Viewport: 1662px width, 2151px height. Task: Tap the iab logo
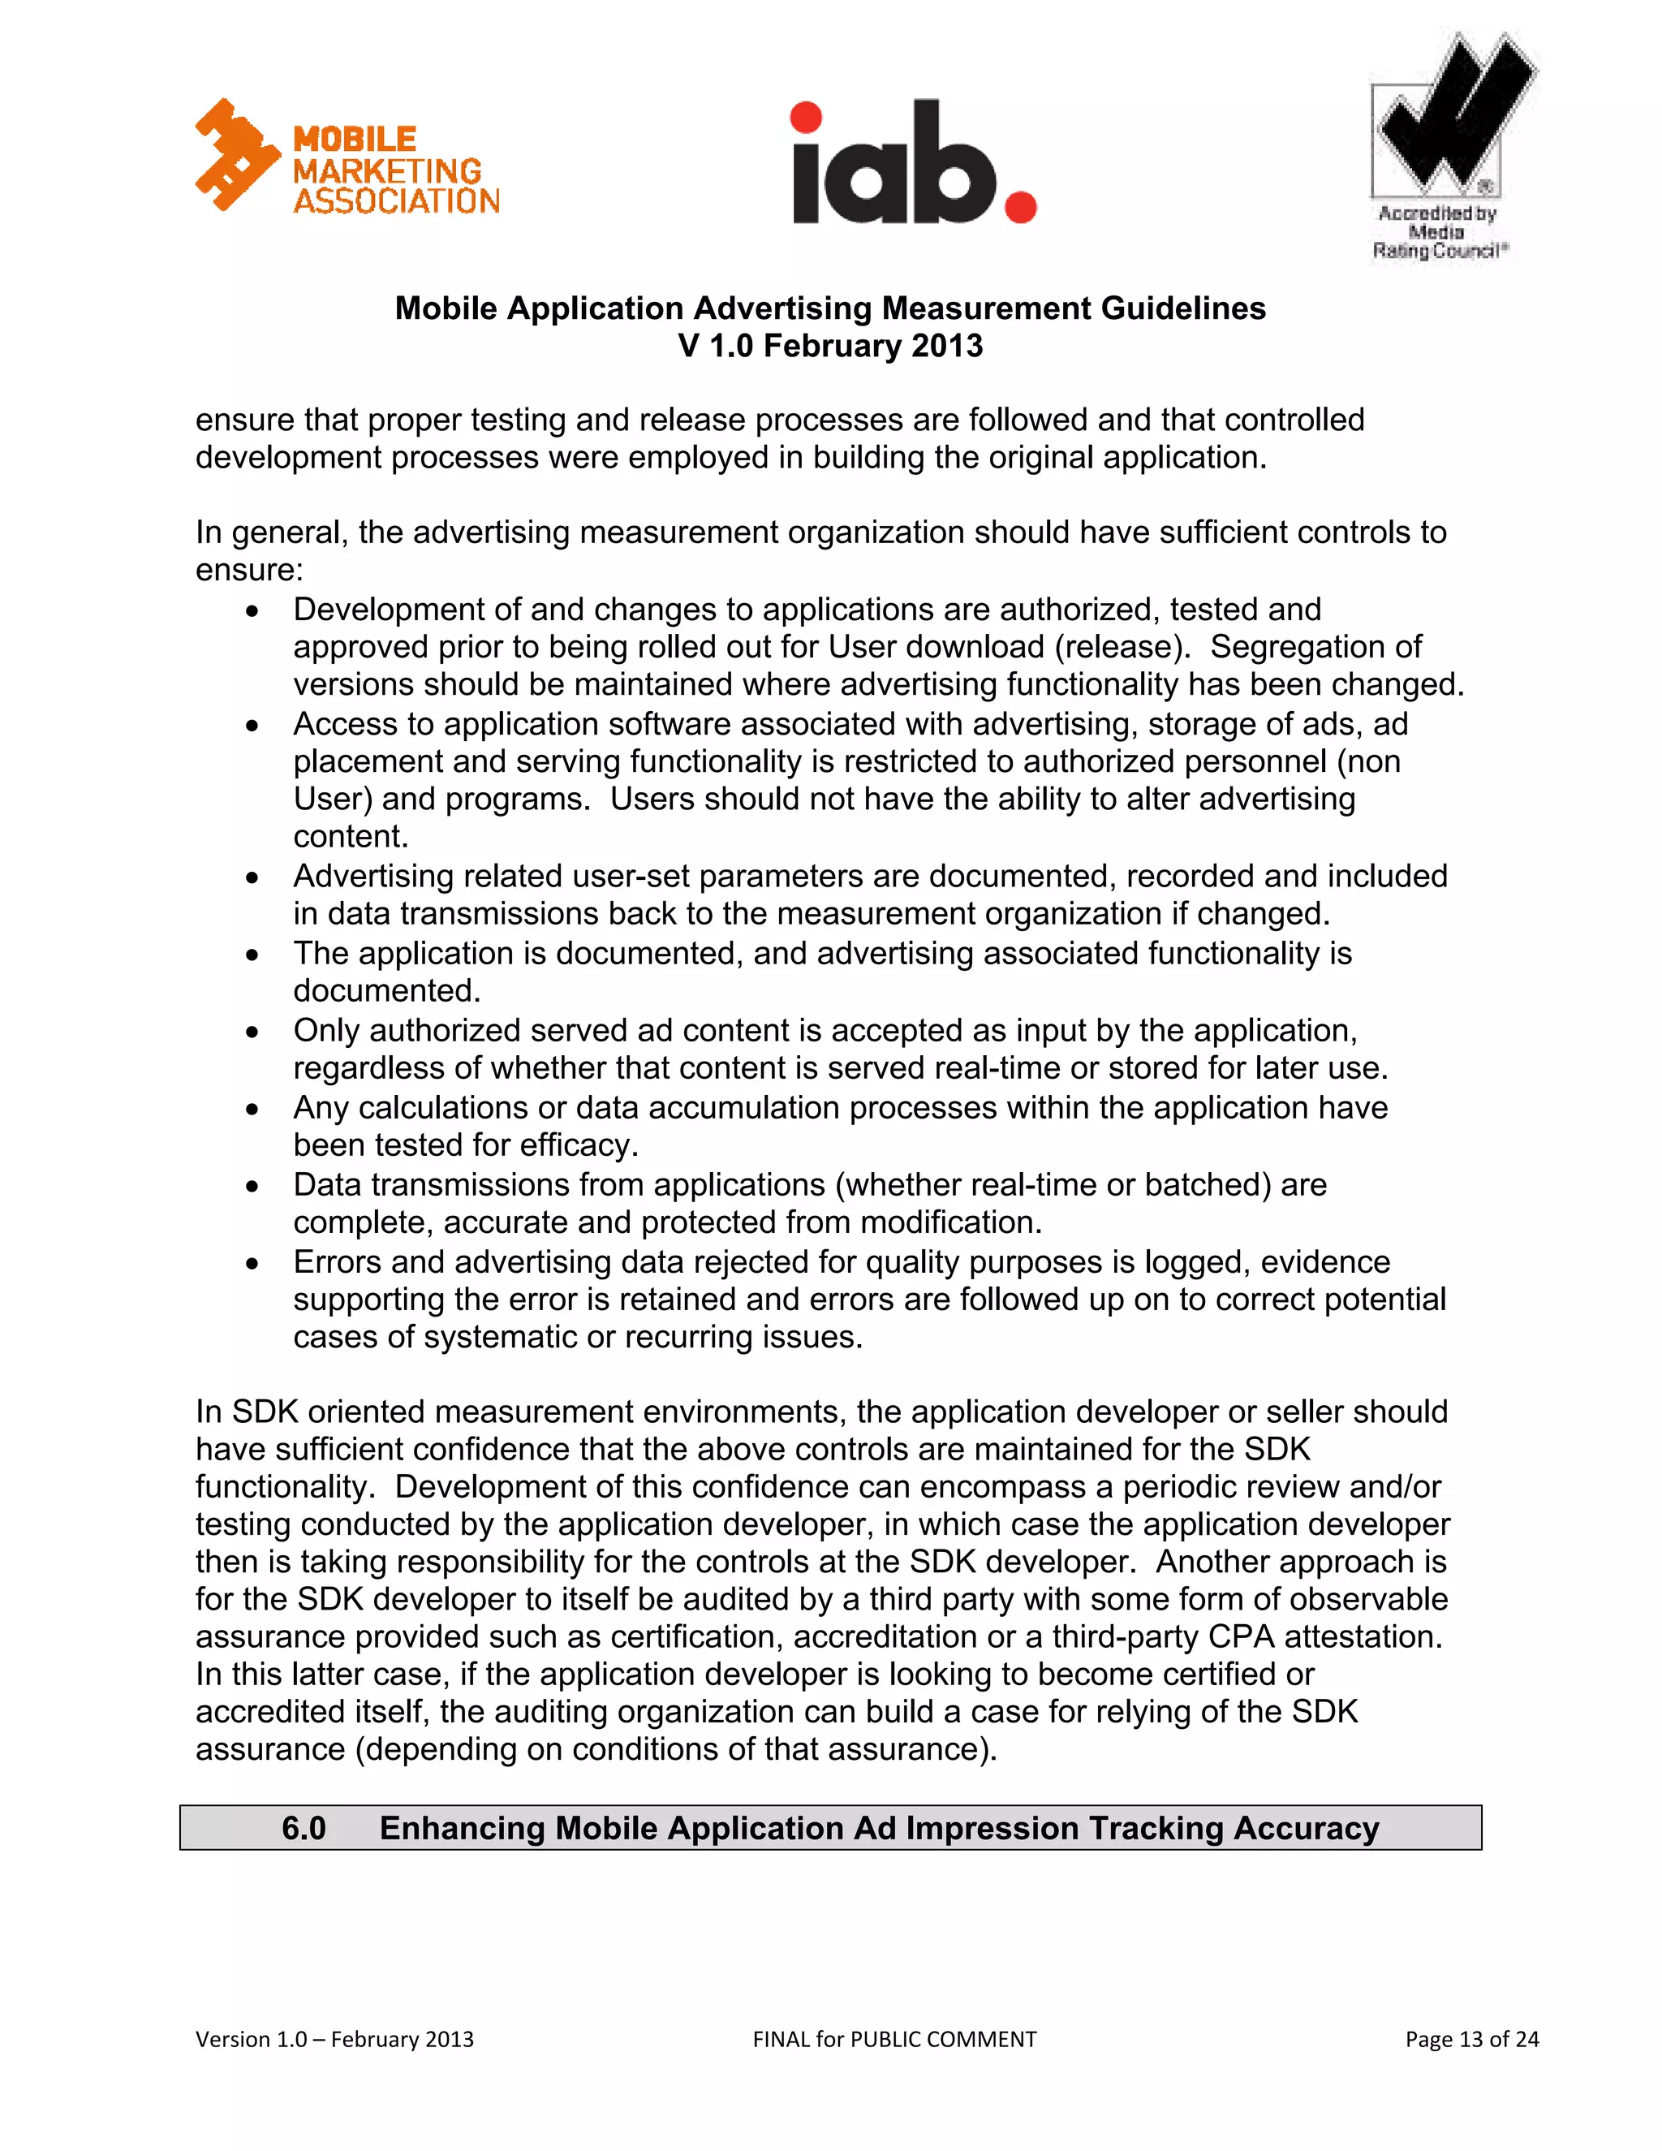(914, 163)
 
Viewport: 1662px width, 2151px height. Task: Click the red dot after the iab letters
(1020, 207)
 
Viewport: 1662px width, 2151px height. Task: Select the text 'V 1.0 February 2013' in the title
(830, 347)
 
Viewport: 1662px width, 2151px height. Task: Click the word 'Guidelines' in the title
(1182, 308)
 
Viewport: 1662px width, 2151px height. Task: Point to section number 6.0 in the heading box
(304, 1828)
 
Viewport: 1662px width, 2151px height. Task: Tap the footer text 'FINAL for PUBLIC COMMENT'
(894, 2039)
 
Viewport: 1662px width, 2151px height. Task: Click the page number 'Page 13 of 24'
(1471, 2039)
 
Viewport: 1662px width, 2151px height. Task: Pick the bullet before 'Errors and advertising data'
(253, 1264)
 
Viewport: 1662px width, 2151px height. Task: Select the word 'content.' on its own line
(351, 836)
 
